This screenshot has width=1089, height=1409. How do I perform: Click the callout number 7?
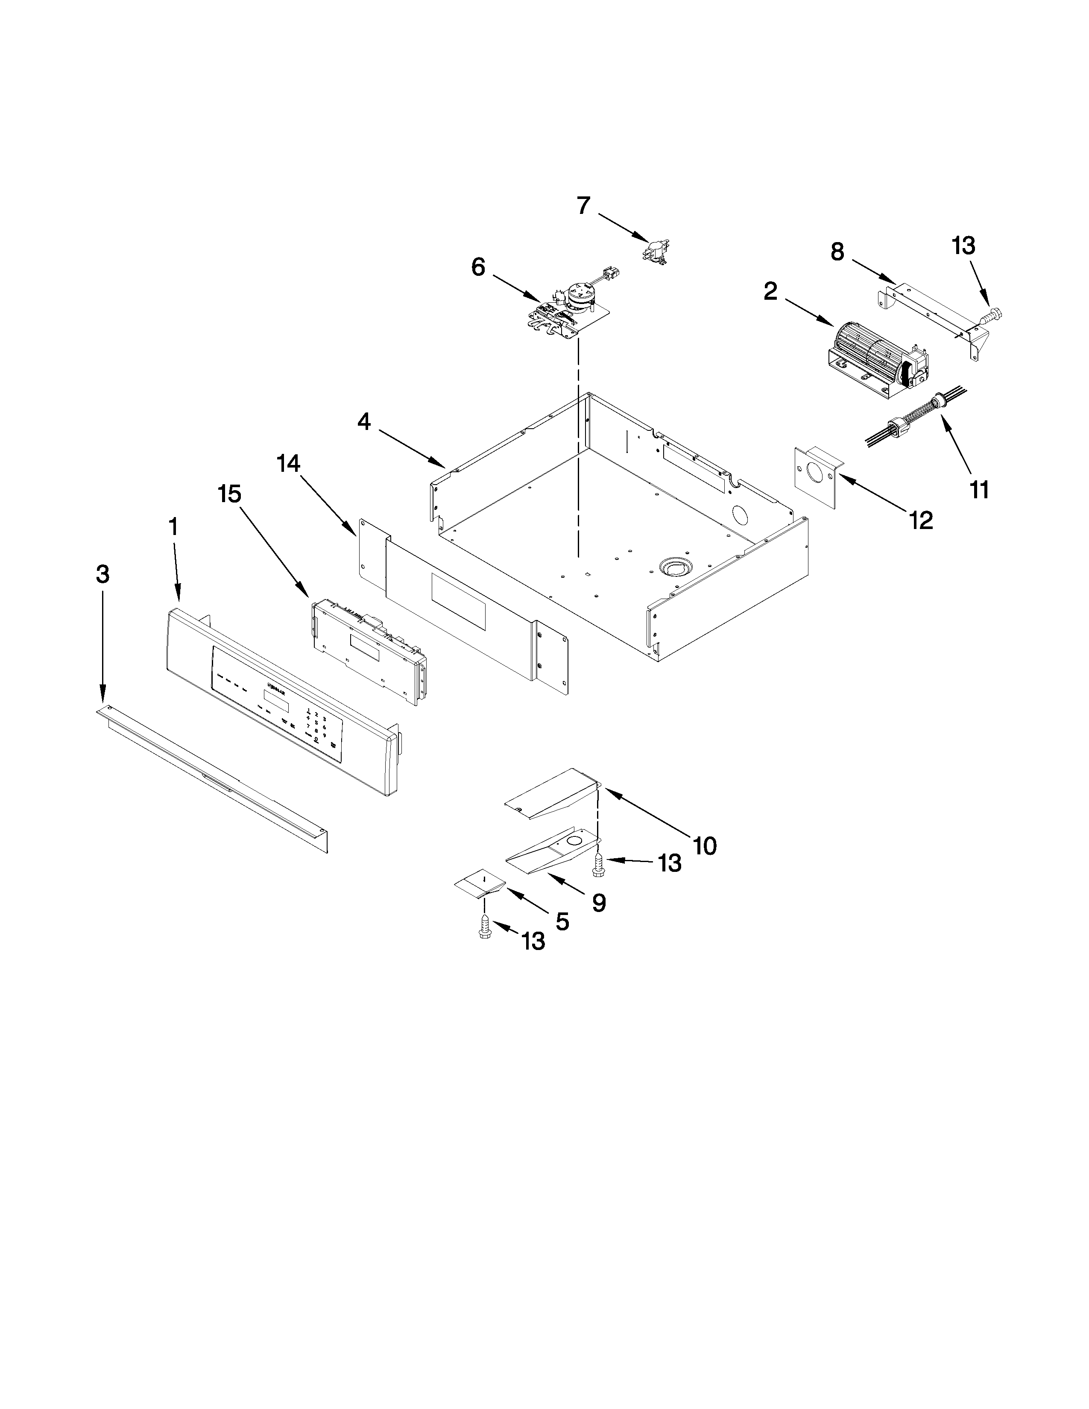(x=583, y=206)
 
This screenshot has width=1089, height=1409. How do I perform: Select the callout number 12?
(x=921, y=519)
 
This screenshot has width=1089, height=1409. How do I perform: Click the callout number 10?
(x=705, y=845)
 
